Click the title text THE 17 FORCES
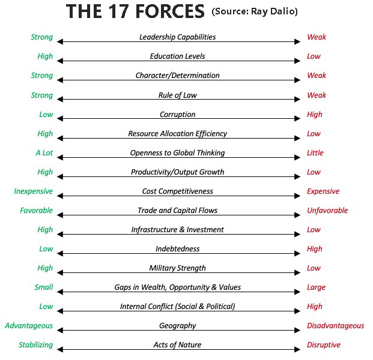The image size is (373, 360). tap(135, 13)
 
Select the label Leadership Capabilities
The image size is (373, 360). tap(177, 37)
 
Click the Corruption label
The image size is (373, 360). tap(177, 115)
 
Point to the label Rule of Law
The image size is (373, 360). tap(177, 95)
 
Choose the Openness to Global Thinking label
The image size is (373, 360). tap(177, 153)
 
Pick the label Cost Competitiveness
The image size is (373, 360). tap(177, 191)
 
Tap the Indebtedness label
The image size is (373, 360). tap(177, 249)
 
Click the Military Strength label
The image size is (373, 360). tap(177, 268)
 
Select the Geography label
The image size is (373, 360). tap(177, 326)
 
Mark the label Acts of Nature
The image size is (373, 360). tap(177, 345)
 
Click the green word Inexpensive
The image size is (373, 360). tap(34, 192)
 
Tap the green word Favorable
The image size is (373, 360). tap(36, 211)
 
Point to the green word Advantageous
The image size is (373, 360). tap(29, 326)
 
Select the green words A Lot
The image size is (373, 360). tap(44, 153)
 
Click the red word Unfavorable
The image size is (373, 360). tap(327, 211)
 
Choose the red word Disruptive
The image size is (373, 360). tap(324, 345)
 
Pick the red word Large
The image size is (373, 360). tap(317, 287)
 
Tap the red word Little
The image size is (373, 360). tap(315, 153)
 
